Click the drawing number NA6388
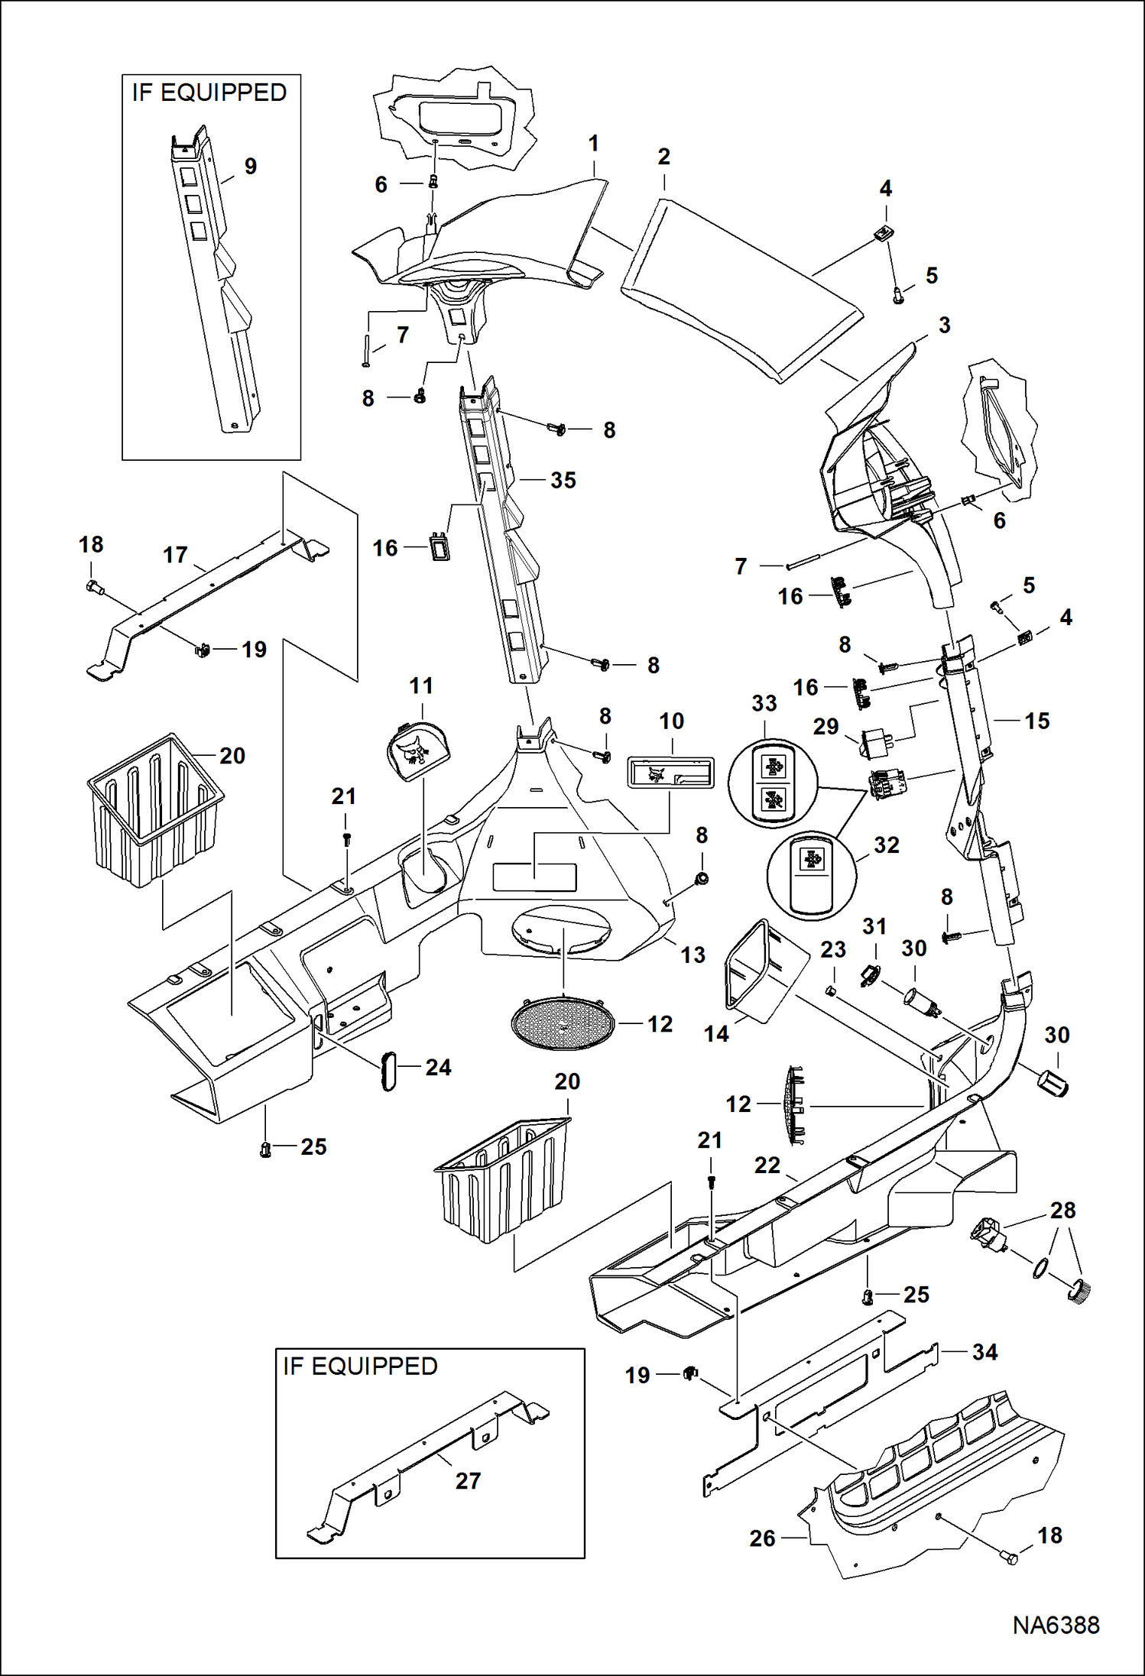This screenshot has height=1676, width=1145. pyautogui.click(x=1056, y=1624)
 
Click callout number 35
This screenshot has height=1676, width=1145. pyautogui.click(x=563, y=480)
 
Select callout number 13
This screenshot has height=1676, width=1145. pyautogui.click(x=693, y=955)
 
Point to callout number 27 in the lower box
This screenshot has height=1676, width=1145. pyautogui.click(x=468, y=1480)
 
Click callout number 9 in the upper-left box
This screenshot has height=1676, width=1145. pyautogui.click(x=250, y=166)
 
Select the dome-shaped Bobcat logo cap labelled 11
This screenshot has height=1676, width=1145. pyautogui.click(x=418, y=753)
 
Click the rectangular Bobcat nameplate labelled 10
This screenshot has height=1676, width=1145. pyautogui.click(x=670, y=773)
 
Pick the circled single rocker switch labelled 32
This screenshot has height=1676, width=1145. pyautogui.click(x=812, y=876)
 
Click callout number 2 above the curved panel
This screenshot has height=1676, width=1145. pyautogui.click(x=663, y=157)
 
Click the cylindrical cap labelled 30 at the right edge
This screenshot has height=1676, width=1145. pyautogui.click(x=1054, y=1084)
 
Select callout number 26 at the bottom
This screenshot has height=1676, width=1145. pyautogui.click(x=761, y=1538)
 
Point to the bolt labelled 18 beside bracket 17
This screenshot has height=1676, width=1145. pyautogui.click(x=94, y=588)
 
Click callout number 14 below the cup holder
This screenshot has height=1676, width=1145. pyautogui.click(x=715, y=1034)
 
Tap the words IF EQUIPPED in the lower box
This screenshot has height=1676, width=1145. pyautogui.click(x=360, y=1366)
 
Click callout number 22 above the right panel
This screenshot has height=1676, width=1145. pyautogui.click(x=767, y=1165)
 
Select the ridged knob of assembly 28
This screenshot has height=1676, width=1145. pyautogui.click(x=1079, y=1292)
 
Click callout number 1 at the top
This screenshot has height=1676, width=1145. pyautogui.click(x=593, y=143)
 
